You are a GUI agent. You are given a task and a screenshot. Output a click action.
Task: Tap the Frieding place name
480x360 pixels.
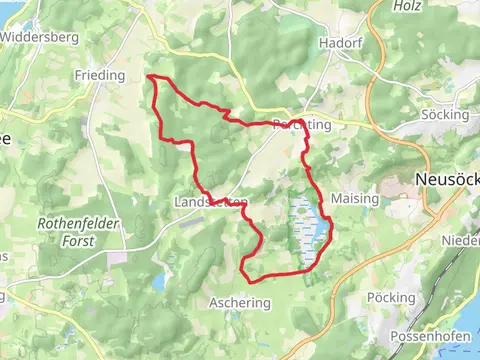99,75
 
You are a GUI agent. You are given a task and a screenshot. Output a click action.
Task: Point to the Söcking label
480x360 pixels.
446,115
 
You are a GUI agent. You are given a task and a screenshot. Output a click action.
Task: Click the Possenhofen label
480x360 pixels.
430,335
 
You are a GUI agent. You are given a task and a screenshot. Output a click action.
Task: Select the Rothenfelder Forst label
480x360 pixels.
79,232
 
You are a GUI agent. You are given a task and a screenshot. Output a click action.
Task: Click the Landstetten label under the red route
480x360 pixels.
210,202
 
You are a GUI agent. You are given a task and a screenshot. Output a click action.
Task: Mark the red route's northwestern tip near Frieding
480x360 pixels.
150,76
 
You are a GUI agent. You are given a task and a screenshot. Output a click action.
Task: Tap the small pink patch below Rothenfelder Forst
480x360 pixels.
118,258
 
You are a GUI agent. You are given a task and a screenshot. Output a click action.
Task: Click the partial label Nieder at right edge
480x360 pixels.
462,241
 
